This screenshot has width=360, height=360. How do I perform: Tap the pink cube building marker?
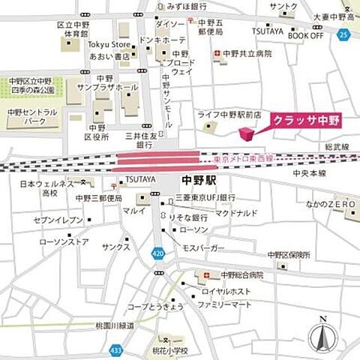click(x=246, y=133)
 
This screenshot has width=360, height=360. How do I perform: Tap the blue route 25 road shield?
click(x=343, y=34)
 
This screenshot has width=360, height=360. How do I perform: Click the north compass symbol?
click(x=321, y=334)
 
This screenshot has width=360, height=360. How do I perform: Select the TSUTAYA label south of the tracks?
click(x=140, y=179)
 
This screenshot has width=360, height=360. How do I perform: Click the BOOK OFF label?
click(x=306, y=35)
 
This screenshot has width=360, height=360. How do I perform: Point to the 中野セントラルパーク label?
click(x=32, y=117)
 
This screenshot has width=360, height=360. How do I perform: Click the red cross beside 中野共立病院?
click(x=217, y=54)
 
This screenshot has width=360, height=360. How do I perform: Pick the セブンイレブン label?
click(x=58, y=220)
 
